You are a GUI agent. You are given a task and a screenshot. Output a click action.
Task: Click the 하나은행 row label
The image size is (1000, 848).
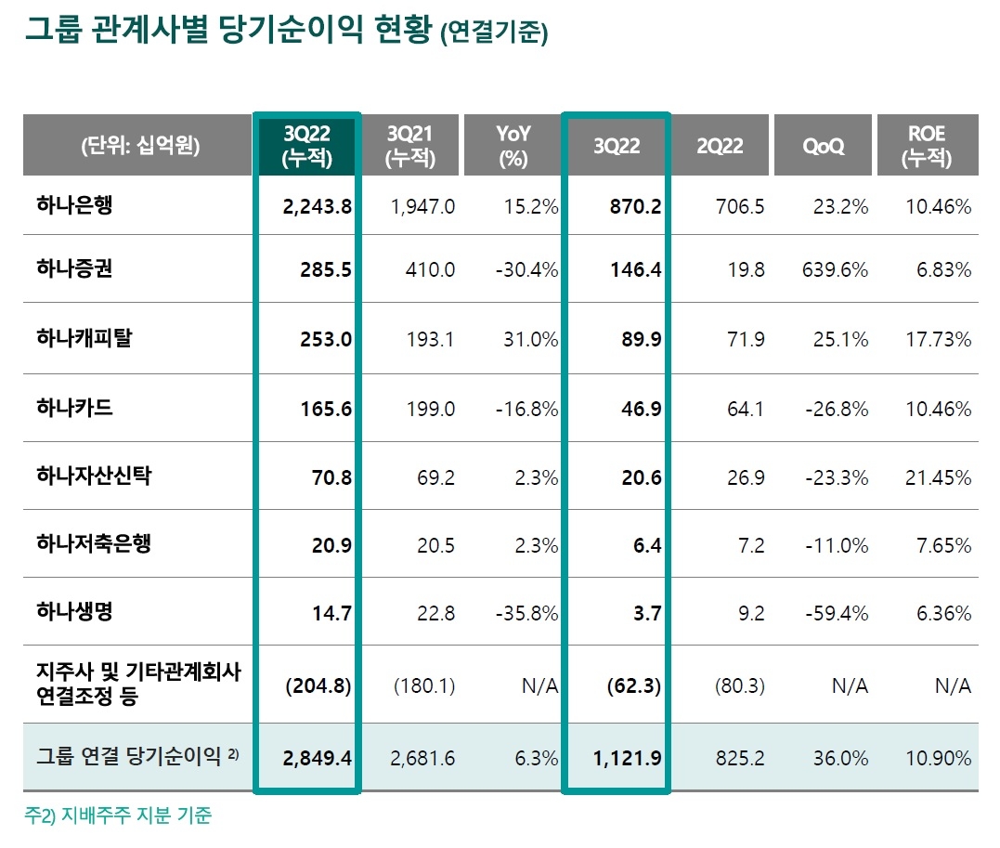click(74, 205)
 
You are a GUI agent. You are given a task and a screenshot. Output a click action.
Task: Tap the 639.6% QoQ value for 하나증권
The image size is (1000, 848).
click(834, 270)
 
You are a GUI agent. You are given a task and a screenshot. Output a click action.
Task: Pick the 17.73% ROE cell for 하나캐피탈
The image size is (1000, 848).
click(938, 339)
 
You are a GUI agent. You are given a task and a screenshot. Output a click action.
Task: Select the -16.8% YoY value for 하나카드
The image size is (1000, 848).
click(527, 409)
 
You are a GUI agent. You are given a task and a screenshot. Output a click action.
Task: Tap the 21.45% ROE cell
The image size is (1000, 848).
click(938, 478)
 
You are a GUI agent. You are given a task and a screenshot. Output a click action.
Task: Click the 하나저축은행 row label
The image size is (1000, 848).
click(93, 543)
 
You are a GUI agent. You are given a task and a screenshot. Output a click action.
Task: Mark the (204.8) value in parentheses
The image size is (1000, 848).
click(318, 686)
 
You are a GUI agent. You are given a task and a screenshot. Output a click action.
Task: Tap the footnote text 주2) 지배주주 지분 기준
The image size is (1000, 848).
click(118, 816)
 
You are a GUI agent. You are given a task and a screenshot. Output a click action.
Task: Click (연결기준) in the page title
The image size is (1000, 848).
click(494, 33)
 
